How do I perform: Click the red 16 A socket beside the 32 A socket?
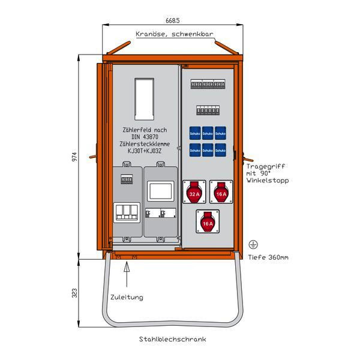tap(221, 193)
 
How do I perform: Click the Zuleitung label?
tap(127, 297)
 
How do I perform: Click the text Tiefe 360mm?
tap(268, 257)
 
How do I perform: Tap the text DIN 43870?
tap(143, 137)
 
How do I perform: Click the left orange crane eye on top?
tap(119, 47)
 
